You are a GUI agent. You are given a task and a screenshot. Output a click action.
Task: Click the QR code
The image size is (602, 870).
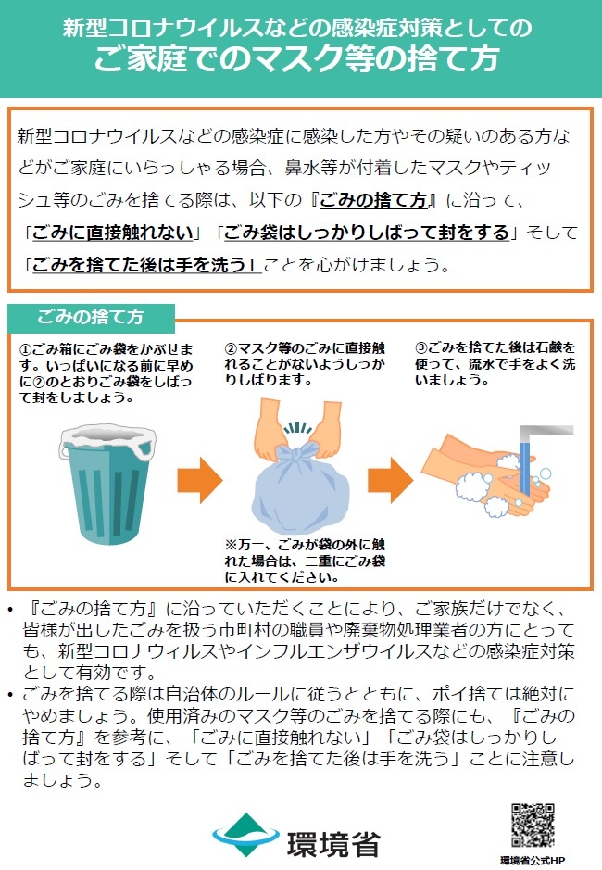pyautogui.click(x=533, y=825)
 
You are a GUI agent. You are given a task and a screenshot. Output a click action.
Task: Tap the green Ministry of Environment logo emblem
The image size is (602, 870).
pyautogui.click(x=245, y=835)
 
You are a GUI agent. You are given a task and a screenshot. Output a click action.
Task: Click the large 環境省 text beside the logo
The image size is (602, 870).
pyautogui.click(x=333, y=844)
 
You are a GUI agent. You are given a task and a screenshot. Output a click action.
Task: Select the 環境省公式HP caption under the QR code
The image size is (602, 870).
pyautogui.click(x=533, y=860)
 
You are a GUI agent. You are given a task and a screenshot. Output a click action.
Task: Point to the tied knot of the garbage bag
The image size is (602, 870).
pyautogui.click(x=297, y=454)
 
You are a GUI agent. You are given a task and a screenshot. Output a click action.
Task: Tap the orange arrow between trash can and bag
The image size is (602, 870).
pyautogui.click(x=200, y=480)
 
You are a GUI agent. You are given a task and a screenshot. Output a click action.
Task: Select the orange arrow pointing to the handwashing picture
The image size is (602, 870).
pyautogui.click(x=390, y=480)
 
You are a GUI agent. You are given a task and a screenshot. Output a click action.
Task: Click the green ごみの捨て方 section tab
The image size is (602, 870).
pyautogui.click(x=91, y=318)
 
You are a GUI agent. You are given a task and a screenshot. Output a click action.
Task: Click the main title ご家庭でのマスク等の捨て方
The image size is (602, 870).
pyautogui.click(x=297, y=58)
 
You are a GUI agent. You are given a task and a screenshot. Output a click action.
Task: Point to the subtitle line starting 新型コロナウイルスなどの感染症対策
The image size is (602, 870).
pyautogui.click(x=297, y=27)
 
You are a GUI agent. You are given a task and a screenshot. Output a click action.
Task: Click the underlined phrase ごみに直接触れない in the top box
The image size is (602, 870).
pyautogui.click(x=113, y=233)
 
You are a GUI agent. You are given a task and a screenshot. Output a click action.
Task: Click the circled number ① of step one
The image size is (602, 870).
pyautogui.click(x=26, y=349)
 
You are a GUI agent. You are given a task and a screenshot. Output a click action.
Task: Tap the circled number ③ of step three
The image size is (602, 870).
pyautogui.click(x=421, y=347)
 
